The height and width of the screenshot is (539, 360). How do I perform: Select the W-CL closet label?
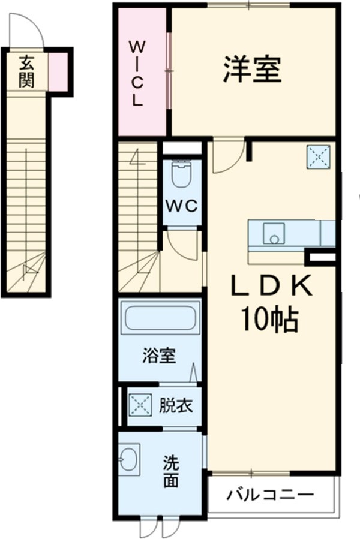pyautogui.click(x=138, y=73)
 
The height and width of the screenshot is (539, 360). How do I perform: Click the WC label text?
pyautogui.click(x=182, y=206)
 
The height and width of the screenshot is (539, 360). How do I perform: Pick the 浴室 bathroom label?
pyautogui.click(x=159, y=356)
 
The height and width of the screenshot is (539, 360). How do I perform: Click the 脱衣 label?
pyautogui.click(x=175, y=406)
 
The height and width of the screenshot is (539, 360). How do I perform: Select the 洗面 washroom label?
pyautogui.click(x=171, y=472)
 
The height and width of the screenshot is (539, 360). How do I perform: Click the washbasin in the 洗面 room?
pyautogui.click(x=129, y=460)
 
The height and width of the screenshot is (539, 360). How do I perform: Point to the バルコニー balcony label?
pyautogui.click(x=270, y=495)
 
